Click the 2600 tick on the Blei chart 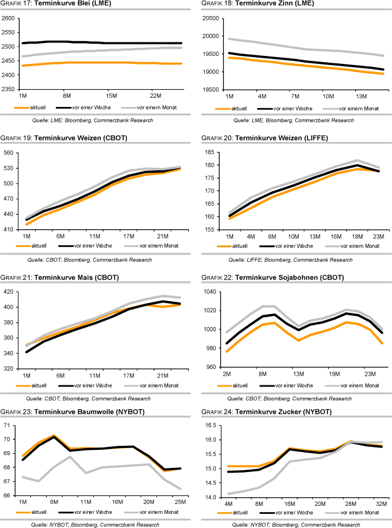(9, 18)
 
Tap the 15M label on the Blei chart (111, 96)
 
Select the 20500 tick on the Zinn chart (212, 18)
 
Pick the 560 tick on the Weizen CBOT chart (10, 152)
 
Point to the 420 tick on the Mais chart (10, 292)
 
